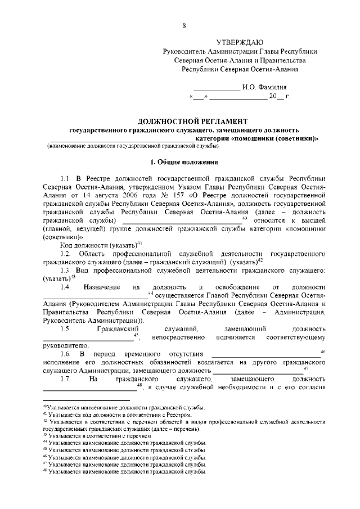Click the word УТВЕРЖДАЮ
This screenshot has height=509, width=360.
click(x=240, y=42)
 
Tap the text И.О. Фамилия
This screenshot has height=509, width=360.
click(x=264, y=88)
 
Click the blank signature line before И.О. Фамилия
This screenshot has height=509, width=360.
click(x=217, y=88)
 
